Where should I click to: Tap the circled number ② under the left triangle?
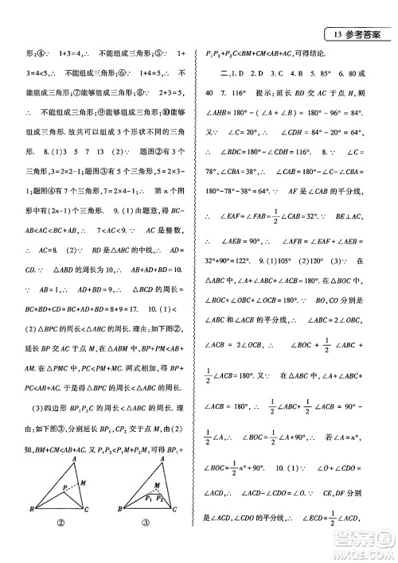click(x=60, y=545)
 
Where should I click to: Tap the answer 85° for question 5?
click(x=329, y=75)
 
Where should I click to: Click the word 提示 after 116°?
click(x=269, y=95)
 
